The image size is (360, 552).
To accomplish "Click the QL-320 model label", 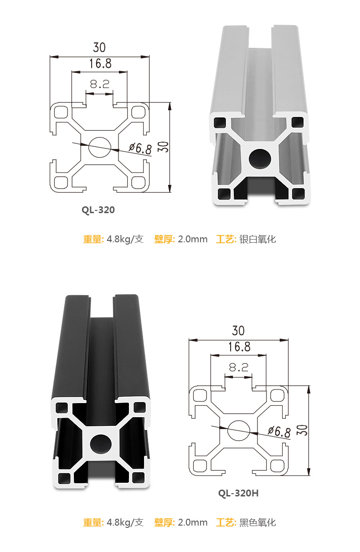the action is [98, 210].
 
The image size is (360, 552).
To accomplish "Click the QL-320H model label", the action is [238, 493].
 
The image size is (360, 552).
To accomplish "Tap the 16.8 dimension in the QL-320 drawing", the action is [100, 64].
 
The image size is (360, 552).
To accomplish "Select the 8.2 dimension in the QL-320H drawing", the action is [238, 368].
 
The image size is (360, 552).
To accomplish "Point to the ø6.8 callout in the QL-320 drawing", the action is [140, 148].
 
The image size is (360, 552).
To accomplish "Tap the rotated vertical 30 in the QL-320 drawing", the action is [165, 147].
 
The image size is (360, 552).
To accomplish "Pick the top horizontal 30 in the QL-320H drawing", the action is [238, 331].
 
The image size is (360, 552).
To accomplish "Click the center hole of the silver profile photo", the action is [260, 159].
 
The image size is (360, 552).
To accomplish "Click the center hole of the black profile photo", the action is [101, 445].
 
